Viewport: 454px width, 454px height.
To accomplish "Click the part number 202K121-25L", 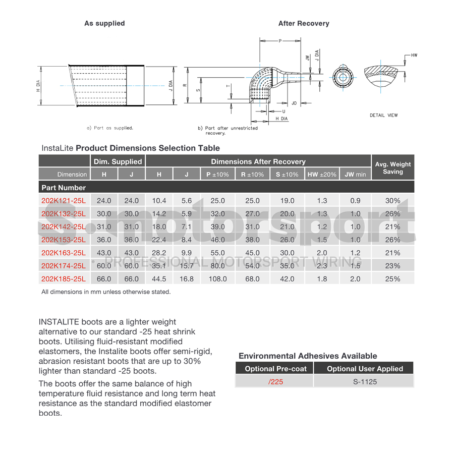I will (64, 201).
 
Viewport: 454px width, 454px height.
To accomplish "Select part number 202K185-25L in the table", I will (64, 279).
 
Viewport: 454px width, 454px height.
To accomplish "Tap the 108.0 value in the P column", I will (218, 279).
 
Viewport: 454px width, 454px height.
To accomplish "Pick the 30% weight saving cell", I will (392, 201).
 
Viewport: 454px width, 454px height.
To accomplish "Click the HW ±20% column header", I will (322, 175).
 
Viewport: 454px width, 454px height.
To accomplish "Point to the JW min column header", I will (355, 175).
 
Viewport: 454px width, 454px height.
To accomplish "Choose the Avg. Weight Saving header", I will (393, 167).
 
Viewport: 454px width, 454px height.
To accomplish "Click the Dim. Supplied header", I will (118, 161).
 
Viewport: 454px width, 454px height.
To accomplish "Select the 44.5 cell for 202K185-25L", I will (159, 279).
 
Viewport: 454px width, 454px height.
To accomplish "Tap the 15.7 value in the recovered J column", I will (187, 266).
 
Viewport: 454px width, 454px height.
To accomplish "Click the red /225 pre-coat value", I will (275, 382).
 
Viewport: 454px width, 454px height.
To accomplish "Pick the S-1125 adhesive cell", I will (365, 382).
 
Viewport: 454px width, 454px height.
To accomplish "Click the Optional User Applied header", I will (365, 369).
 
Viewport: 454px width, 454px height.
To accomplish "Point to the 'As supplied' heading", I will (104, 23).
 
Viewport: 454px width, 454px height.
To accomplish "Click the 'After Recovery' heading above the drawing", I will (304, 23).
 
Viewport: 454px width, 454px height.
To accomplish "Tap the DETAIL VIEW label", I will (383, 116).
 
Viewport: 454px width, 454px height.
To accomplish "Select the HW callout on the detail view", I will (414, 55).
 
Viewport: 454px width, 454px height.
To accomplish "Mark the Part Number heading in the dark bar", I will (64, 188).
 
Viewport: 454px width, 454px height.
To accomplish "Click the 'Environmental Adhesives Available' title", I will (308, 356).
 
